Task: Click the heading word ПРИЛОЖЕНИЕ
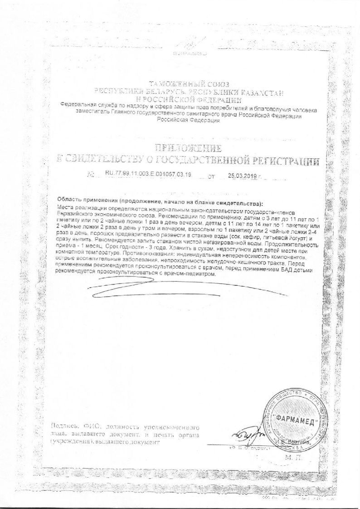(x=188, y=148)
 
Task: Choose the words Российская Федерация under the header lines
(x=188, y=121)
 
